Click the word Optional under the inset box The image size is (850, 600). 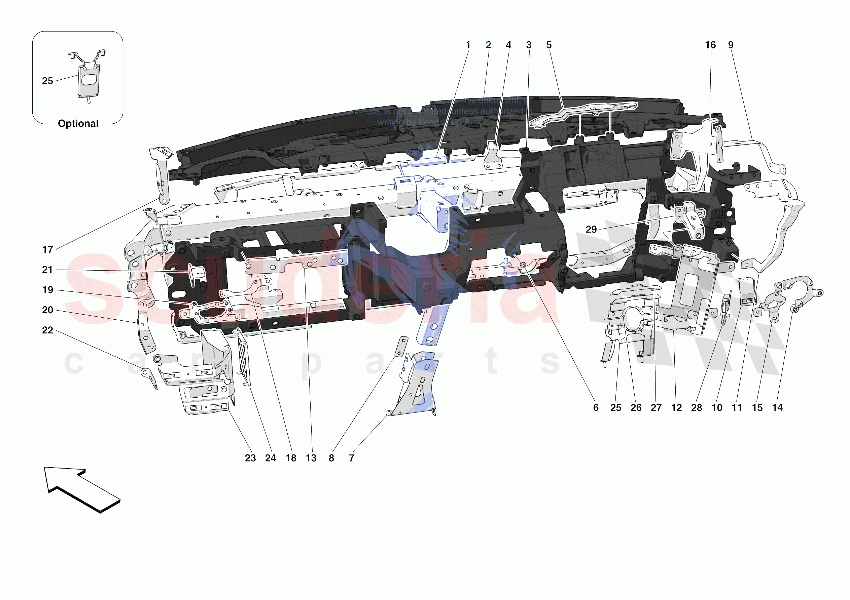point(78,124)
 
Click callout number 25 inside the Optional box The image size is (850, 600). point(47,81)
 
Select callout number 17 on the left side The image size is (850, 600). point(47,250)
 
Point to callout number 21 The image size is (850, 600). point(47,270)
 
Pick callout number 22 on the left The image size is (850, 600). point(47,330)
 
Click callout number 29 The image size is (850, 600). point(591,229)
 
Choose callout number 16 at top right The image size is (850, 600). point(710,45)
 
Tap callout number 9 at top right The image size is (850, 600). point(731,45)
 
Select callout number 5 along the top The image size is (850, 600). point(549,45)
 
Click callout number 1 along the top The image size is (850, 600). point(468,45)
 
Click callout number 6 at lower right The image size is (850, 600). point(596,408)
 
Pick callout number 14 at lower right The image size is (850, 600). point(777,408)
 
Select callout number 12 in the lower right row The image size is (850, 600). point(676,408)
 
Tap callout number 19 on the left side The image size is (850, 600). point(47,290)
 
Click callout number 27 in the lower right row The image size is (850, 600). point(656,408)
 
